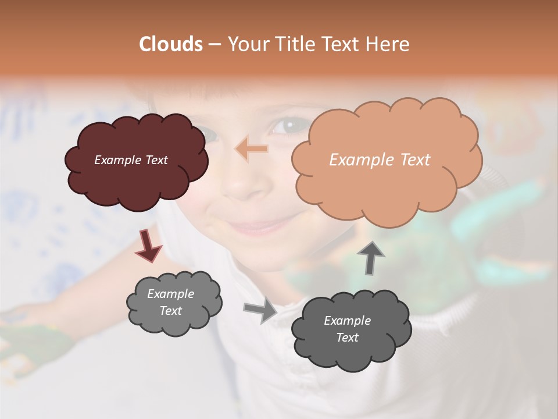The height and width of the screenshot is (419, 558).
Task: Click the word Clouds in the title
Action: pyautogui.click(x=171, y=44)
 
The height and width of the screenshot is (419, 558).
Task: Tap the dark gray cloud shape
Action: pyautogui.click(x=351, y=331)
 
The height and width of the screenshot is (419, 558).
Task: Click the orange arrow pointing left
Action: pyautogui.click(x=251, y=149)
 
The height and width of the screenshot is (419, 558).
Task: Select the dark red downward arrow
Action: pyautogui.click(x=148, y=246)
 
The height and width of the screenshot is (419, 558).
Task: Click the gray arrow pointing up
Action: pyautogui.click(x=370, y=257)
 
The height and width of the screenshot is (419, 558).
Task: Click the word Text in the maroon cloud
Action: pyautogui.click(x=156, y=160)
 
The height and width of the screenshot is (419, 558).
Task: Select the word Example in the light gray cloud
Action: pyautogui.click(x=171, y=294)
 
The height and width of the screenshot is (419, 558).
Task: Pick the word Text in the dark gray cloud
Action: pyautogui.click(x=347, y=338)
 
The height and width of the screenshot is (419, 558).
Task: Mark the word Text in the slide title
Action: pyautogui.click(x=342, y=44)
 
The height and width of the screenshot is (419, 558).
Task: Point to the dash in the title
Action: pyautogui.click(x=213, y=44)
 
